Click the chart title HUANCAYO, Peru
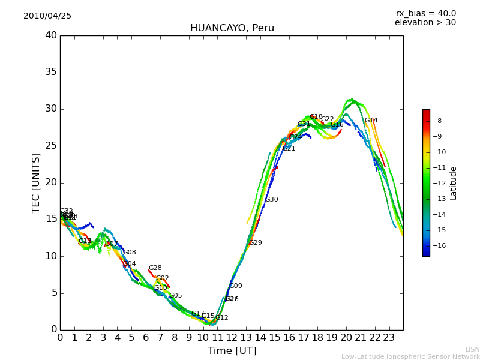coord(232,28)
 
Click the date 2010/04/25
coord(47,16)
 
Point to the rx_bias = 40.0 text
coord(425,14)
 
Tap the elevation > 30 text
coord(425,23)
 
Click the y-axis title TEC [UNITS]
coord(37,182)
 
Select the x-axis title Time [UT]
coord(232,351)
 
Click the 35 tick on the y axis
coord(51,73)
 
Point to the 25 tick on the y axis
coord(51,146)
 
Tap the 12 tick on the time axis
coord(232,338)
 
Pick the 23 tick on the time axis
coord(389,338)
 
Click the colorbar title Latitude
coord(454,183)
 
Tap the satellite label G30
coord(271,200)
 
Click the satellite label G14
coord(371,121)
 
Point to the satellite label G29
coord(255,243)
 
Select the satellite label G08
coord(129,253)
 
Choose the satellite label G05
coord(175,296)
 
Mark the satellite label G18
coord(316,117)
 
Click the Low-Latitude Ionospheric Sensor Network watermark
coord(410,357)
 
